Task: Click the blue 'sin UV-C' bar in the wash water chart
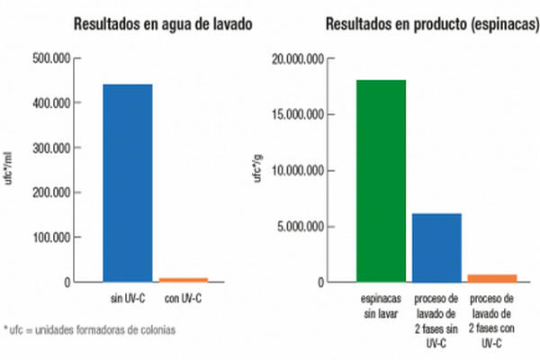pyautogui.click(x=127, y=183)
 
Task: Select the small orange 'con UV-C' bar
pyautogui.click(x=184, y=280)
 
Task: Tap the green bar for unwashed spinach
pyautogui.click(x=381, y=181)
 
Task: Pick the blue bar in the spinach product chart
pyautogui.click(x=436, y=247)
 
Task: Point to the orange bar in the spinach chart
pyautogui.click(x=491, y=278)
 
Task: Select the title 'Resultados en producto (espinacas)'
pyautogui.click(x=418, y=23)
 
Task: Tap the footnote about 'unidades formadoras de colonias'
pyautogui.click(x=89, y=329)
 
